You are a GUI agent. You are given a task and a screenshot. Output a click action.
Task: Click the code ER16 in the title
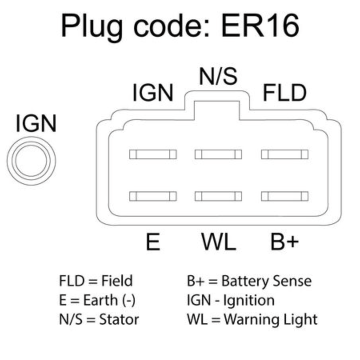click(x=260, y=25)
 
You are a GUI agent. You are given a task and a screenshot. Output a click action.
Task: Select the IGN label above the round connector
click(x=36, y=123)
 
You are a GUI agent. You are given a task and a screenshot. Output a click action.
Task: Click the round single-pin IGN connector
click(x=31, y=161)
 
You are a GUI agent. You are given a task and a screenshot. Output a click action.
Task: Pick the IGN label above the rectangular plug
click(x=153, y=93)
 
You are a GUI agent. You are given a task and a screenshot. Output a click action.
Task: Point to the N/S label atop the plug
click(x=218, y=76)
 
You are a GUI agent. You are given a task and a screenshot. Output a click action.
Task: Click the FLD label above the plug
click(x=285, y=93)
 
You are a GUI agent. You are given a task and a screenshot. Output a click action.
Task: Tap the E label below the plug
click(x=153, y=242)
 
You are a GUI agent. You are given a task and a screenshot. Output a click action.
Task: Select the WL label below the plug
click(x=218, y=242)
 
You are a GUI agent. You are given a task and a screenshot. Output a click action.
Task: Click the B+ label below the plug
click(x=285, y=242)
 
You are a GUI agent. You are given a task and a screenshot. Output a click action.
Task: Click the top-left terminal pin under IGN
click(x=153, y=154)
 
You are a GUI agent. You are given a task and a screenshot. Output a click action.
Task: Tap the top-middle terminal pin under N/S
click(x=218, y=154)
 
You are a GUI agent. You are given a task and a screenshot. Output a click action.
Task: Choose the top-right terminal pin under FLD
click(x=285, y=154)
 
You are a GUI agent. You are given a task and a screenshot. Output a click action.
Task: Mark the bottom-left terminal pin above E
click(x=153, y=196)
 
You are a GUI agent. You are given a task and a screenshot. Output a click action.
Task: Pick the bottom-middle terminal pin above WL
click(x=218, y=196)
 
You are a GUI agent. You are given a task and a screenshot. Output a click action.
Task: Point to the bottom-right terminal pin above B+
click(x=285, y=196)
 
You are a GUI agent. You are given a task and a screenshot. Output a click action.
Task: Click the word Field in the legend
click(x=117, y=280)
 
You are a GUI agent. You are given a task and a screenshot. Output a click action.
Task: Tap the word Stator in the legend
click(x=119, y=319)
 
